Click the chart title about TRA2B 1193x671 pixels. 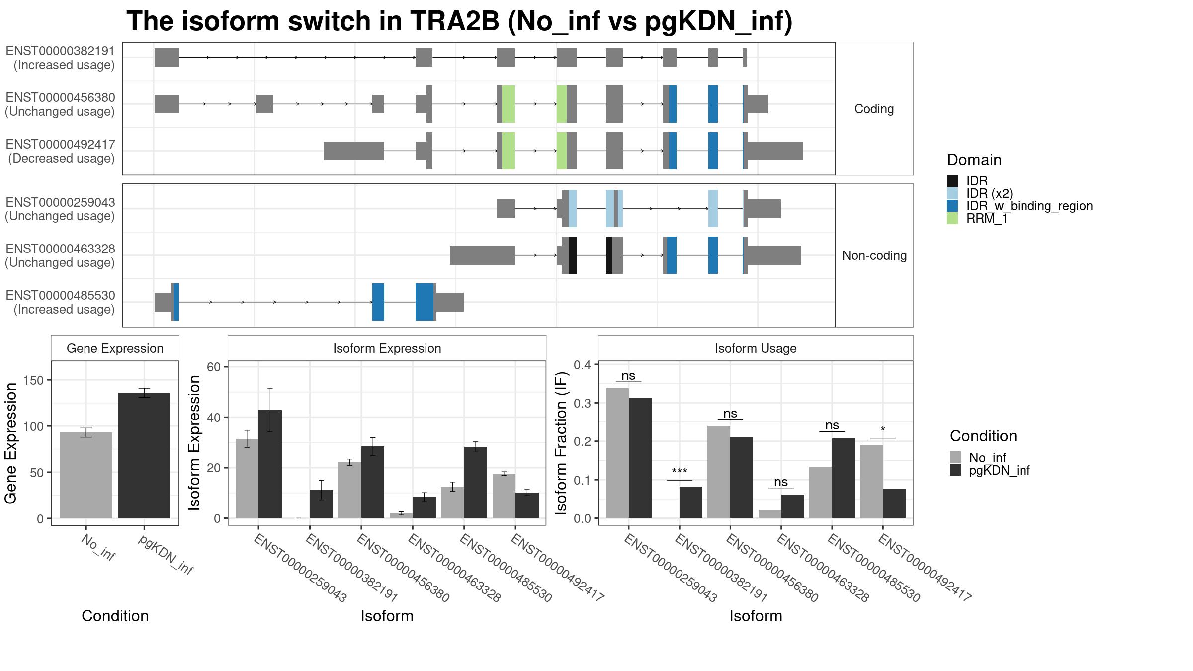pos(459,22)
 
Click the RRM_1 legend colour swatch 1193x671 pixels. pos(952,218)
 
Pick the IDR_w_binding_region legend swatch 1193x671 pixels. pos(952,206)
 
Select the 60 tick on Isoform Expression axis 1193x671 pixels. pos(214,367)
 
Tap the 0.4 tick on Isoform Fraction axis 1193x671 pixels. pos(583,365)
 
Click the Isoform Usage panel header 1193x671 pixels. pos(756,348)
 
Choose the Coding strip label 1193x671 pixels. pos(874,109)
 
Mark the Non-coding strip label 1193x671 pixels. pos(874,255)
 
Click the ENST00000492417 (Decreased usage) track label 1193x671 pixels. pos(61,151)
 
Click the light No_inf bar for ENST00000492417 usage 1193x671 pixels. pos(871,481)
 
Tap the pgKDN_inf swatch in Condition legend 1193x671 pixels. pos(955,470)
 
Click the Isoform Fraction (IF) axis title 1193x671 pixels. pos(562,442)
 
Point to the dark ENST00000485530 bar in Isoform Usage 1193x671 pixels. pos(844,478)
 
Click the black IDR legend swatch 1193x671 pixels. pos(952,181)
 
